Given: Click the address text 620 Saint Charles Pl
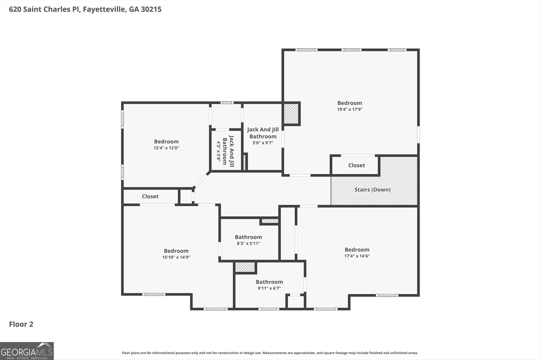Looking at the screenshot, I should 44,9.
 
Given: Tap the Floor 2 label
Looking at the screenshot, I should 21,324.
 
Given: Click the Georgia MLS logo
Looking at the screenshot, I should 27,351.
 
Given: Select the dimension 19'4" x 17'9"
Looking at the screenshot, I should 350,109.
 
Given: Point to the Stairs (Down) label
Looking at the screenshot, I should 372,190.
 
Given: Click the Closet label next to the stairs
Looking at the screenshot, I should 356,165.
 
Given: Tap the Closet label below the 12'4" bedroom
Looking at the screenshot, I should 150,196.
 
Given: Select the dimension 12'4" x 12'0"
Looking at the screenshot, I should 166,148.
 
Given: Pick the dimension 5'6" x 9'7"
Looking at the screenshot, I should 263,143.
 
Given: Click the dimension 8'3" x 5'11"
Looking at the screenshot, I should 248,243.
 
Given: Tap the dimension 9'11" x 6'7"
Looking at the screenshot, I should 269,288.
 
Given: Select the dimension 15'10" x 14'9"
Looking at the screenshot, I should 176,257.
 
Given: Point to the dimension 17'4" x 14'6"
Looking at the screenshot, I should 357,256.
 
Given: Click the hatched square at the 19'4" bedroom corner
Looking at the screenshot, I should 291,114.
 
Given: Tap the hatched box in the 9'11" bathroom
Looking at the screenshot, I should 245,267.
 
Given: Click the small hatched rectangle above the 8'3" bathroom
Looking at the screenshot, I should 270,221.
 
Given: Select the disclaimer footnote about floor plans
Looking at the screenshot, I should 270,353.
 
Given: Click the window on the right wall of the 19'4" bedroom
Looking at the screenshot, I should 418,135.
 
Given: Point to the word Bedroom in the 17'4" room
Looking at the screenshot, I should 357,250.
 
